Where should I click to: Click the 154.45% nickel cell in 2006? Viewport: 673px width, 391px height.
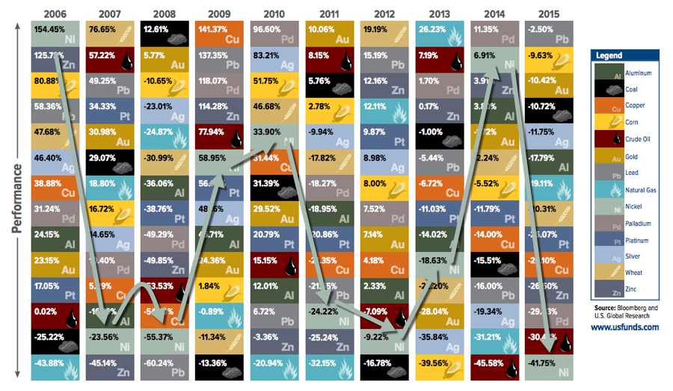(55, 34)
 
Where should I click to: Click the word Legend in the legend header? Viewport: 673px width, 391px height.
(609, 55)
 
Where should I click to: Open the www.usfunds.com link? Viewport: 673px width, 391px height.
(624, 327)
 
